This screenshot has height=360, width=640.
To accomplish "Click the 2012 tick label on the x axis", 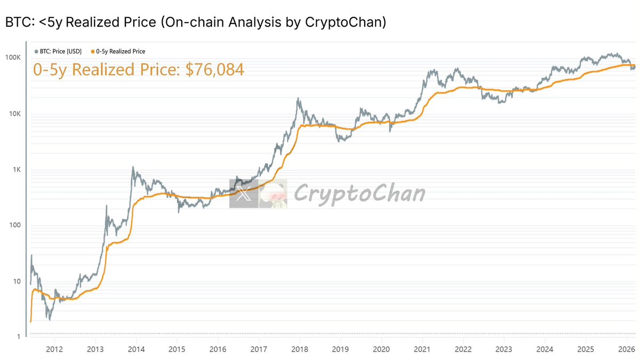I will click(x=54, y=349).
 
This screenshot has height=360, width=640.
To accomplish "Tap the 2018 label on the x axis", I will click(x=299, y=349).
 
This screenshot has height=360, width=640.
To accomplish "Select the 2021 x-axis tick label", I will click(x=422, y=349).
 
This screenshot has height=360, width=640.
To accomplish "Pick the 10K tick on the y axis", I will click(x=14, y=114).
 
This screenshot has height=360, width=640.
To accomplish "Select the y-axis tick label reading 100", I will click(x=15, y=226).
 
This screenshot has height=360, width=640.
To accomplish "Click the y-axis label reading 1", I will click(x=19, y=337).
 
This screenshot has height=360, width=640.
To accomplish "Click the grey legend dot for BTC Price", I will click(x=36, y=52).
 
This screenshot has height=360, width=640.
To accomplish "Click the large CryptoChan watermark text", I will click(x=359, y=193).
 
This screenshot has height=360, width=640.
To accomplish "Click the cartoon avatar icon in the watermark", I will click(x=273, y=194).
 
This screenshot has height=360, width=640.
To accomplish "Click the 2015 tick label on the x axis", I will click(x=177, y=349).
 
